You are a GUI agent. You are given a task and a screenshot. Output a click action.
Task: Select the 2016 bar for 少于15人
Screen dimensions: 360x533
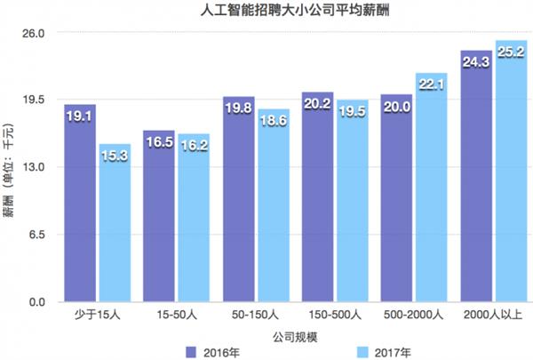coord(80,204)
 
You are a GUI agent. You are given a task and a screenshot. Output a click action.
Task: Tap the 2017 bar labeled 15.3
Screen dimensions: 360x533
coord(115,223)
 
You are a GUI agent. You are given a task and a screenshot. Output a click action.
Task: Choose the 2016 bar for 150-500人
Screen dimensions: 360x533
coord(318,197)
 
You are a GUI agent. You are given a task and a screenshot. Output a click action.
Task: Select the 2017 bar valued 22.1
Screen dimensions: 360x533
coord(432,188)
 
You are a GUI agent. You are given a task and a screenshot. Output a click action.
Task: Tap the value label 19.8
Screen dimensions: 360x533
coord(239,109)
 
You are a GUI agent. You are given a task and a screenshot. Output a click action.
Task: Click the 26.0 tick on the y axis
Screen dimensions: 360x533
coord(34,32)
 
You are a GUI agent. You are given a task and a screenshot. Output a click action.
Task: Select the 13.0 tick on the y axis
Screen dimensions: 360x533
coord(34,167)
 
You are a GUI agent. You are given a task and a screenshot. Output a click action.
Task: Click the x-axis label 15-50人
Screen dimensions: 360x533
coord(176,316)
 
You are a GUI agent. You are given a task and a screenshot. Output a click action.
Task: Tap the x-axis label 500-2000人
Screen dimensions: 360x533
coord(415,316)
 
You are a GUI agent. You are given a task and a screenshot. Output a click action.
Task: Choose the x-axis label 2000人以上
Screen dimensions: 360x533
coord(493,316)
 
